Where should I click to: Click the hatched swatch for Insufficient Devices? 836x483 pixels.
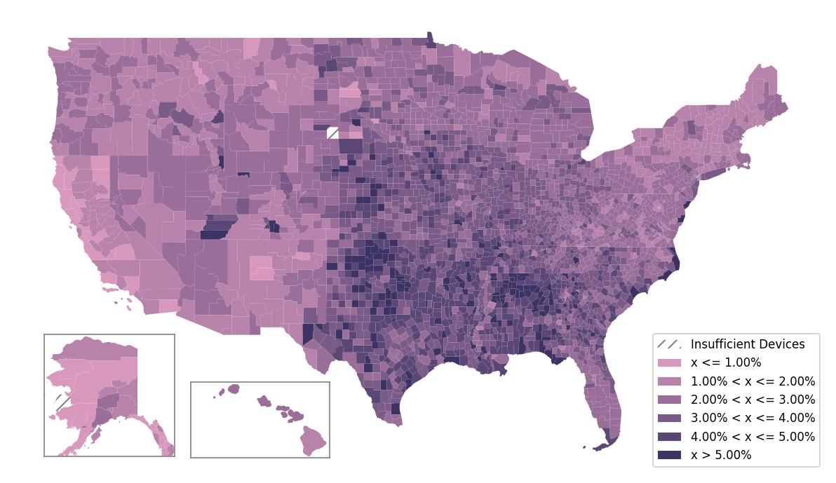pos(669,344)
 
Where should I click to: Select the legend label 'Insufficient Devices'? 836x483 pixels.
pos(748,344)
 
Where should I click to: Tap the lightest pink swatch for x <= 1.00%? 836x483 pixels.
pos(669,363)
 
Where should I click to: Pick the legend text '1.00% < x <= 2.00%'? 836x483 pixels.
pos(753,381)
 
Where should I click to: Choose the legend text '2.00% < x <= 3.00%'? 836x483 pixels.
pos(753,400)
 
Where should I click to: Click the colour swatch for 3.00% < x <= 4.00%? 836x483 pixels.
pos(669,418)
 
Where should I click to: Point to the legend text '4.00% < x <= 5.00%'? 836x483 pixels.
pos(753,437)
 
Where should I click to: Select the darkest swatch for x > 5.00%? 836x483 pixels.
pos(669,455)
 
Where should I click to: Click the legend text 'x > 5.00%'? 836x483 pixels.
pos(721,455)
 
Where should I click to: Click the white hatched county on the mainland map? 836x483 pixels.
pos(332,133)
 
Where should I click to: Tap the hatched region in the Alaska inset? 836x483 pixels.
pos(62,403)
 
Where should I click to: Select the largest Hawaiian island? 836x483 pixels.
pos(313,441)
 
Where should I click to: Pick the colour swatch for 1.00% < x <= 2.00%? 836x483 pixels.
pos(669,381)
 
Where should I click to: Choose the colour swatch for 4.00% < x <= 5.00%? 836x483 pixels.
pos(669,437)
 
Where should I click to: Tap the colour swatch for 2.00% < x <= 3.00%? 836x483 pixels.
pos(669,400)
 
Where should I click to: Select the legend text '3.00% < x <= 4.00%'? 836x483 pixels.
pos(753,418)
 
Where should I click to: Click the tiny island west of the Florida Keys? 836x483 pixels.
pos(584,447)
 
